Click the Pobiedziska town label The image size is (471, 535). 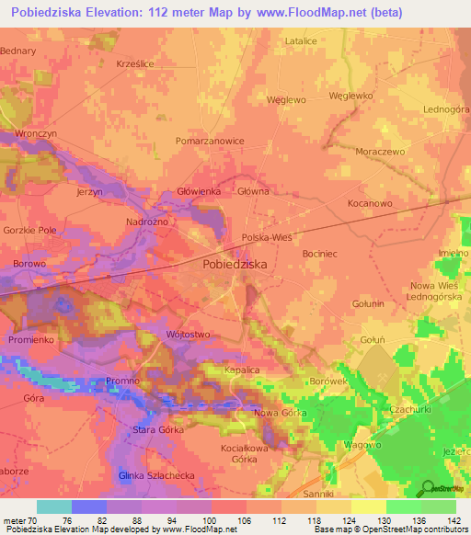[x=235, y=263]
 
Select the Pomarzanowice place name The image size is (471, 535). [x=210, y=141]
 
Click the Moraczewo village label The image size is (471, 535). [x=379, y=150]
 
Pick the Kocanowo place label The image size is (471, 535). [x=370, y=202]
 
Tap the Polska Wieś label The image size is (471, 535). [x=266, y=236]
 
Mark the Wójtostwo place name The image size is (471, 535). [x=189, y=335]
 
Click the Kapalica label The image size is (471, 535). [x=244, y=370]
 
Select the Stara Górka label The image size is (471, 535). [x=132, y=429]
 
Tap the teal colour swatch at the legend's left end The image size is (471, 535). [x=54, y=507]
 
